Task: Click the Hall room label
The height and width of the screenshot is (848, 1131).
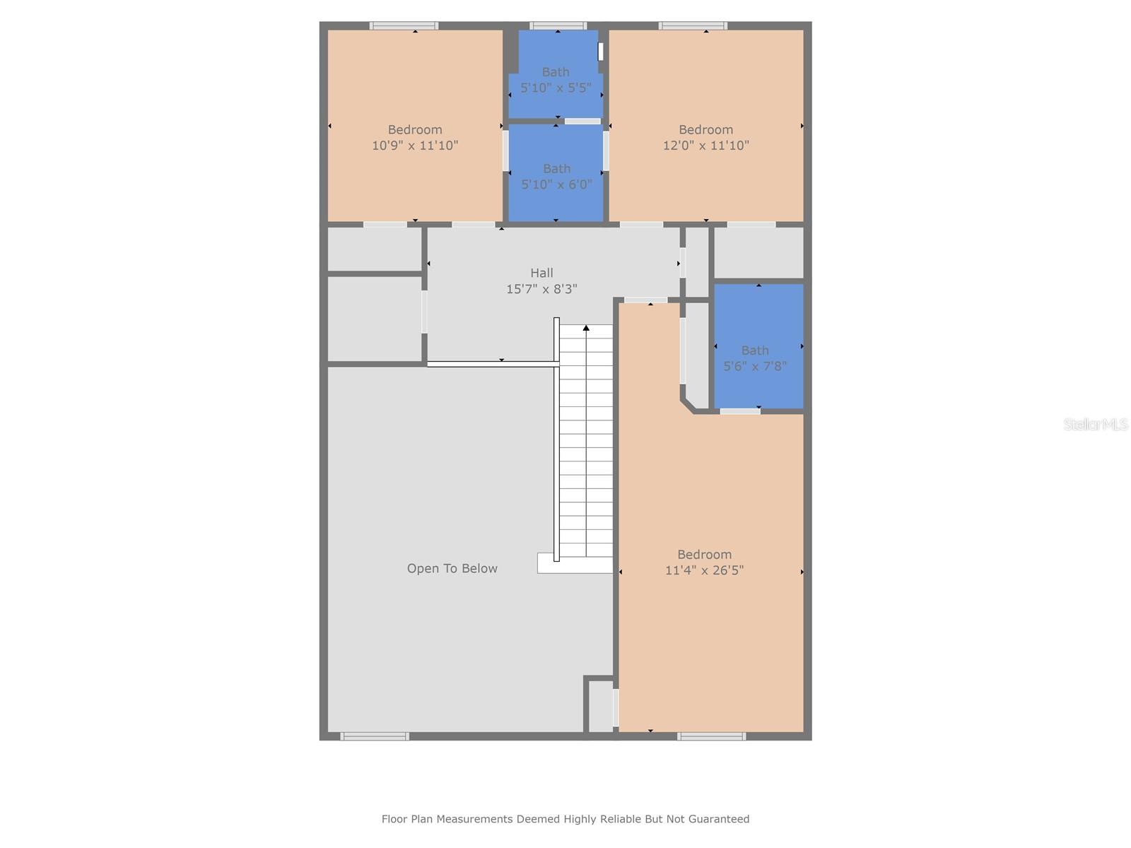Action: tap(541, 273)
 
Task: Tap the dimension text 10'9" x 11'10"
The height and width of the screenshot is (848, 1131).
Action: tap(415, 146)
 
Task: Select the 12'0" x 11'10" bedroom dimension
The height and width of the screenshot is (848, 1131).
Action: tap(705, 146)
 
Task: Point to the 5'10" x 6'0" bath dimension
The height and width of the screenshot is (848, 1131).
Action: tap(556, 184)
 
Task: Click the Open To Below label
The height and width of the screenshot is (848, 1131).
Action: tap(452, 568)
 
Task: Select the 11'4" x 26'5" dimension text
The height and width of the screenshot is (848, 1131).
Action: tap(704, 570)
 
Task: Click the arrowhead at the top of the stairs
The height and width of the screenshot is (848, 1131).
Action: tap(586, 328)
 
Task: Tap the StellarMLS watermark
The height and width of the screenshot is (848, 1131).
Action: tap(1095, 424)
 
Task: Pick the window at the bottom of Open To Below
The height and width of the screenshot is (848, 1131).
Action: tap(375, 736)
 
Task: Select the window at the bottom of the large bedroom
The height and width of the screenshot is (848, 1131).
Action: tap(711, 736)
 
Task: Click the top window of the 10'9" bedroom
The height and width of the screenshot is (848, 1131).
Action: tap(404, 26)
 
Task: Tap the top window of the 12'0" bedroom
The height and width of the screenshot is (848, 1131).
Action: tap(693, 26)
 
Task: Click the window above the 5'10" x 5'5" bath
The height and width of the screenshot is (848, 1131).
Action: tap(558, 26)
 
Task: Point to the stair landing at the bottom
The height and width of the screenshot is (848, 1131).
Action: tap(574, 563)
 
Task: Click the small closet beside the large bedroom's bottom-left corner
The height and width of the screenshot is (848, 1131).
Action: tap(600, 706)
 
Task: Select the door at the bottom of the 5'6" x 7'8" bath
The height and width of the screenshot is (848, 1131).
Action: tap(739, 411)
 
